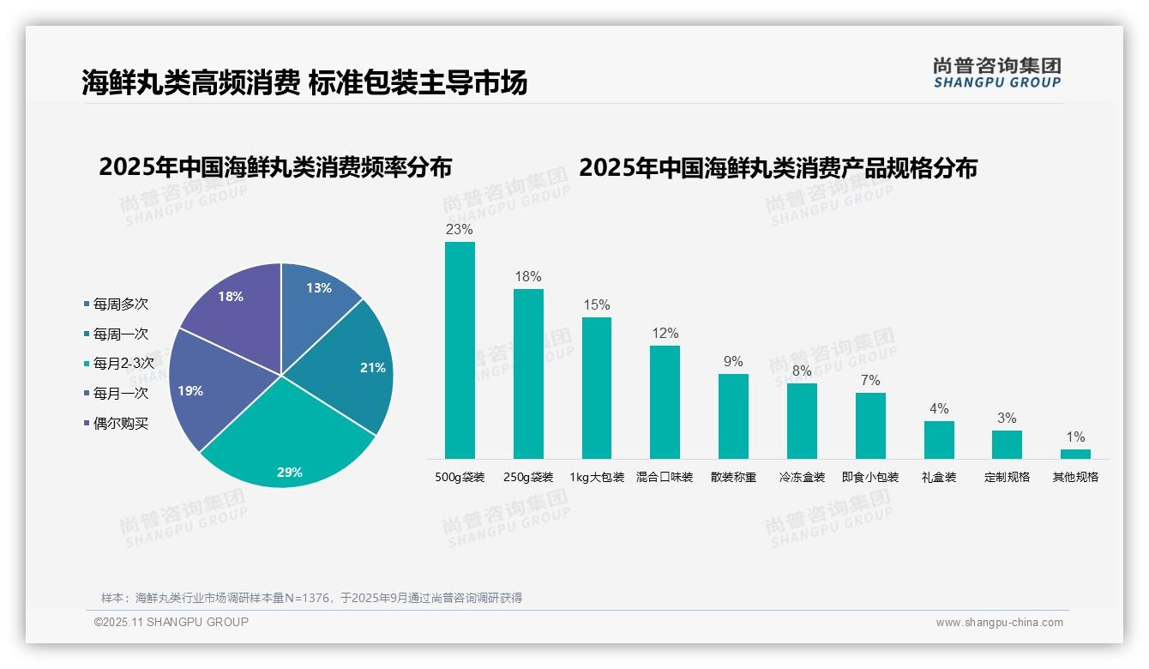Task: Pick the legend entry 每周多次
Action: (120, 304)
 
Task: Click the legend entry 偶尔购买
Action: (120, 424)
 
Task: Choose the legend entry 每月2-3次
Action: (123, 364)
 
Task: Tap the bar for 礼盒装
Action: (939, 440)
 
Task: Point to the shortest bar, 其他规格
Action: (1075, 454)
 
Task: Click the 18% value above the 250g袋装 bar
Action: (528, 277)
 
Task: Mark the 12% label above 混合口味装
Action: (665, 334)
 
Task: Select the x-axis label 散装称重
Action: (733, 478)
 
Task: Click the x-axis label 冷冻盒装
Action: (802, 478)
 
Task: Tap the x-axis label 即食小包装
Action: (870, 478)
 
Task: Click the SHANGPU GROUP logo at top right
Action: (996, 73)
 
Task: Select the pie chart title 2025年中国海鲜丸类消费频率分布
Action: (275, 167)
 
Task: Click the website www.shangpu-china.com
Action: (999, 623)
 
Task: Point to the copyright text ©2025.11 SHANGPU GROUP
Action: (171, 623)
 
